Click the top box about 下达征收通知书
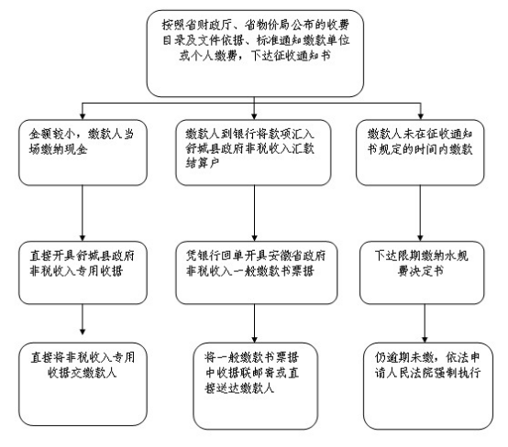[255, 53]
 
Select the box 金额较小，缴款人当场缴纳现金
[83, 152]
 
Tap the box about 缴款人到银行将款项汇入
[253, 152]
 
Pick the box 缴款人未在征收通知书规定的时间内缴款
[420, 152]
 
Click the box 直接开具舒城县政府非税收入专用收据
[83, 273]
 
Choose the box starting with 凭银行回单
[257, 273]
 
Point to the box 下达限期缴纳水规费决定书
[422, 273]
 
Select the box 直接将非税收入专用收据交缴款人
[83, 384]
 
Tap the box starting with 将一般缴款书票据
[255, 387]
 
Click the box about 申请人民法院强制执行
[428, 387]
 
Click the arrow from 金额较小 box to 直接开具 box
[83, 213]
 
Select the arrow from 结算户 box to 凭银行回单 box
[254, 213]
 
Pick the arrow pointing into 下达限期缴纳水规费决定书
[420, 213]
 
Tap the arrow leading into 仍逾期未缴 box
[425, 323]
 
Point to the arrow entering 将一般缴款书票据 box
[254, 323]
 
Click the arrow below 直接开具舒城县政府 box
[83, 320]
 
